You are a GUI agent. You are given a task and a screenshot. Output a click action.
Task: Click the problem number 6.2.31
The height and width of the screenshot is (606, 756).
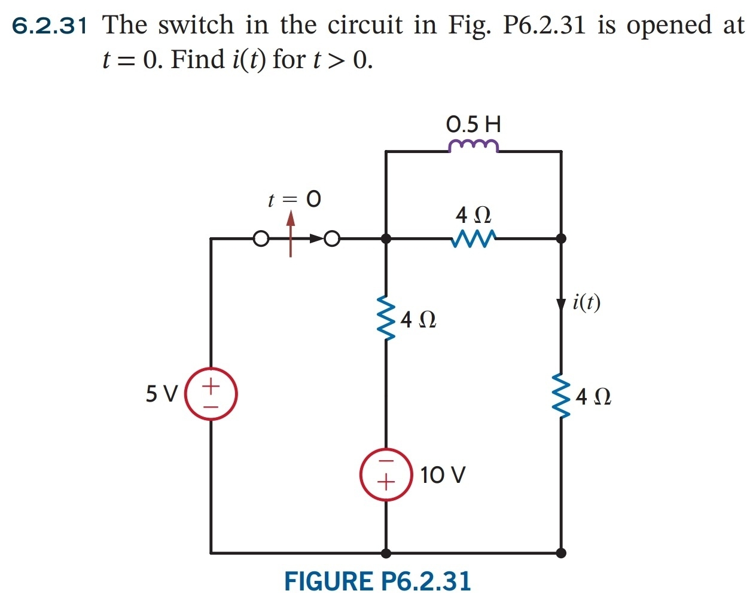pyautogui.click(x=50, y=26)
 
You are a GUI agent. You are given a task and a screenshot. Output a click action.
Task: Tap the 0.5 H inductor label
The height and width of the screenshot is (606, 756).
pyautogui.click(x=473, y=124)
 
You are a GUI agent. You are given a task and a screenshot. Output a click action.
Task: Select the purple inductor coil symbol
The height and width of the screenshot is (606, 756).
pyautogui.click(x=473, y=145)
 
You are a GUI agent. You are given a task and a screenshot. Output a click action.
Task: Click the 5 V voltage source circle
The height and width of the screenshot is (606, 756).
pyautogui.click(x=211, y=394)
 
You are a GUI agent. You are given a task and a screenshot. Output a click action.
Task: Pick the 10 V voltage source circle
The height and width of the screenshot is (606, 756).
pyautogui.click(x=386, y=473)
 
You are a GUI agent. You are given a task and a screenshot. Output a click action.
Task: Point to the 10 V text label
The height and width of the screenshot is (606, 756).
pyautogui.click(x=443, y=475)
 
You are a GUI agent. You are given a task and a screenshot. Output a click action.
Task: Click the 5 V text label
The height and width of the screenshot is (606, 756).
pyautogui.click(x=161, y=394)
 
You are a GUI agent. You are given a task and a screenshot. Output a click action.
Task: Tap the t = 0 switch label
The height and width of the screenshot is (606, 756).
pyautogui.click(x=294, y=199)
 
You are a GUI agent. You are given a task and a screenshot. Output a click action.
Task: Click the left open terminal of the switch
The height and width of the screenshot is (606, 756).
pyautogui.click(x=260, y=239)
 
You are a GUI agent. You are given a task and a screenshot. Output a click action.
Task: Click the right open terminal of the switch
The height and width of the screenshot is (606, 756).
pyautogui.click(x=333, y=239)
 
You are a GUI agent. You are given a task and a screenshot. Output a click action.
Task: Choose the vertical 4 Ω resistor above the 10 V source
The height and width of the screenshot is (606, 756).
pyautogui.click(x=387, y=318)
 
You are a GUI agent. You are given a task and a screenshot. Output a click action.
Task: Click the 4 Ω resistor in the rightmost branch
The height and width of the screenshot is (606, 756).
pyautogui.click(x=560, y=396)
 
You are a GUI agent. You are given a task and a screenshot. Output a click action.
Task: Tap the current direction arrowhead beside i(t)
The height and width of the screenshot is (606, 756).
pyautogui.click(x=560, y=304)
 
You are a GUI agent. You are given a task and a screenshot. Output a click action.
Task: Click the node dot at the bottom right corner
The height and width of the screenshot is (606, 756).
pyautogui.click(x=560, y=553)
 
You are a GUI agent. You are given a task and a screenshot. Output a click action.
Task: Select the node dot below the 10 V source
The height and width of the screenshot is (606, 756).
pyautogui.click(x=386, y=553)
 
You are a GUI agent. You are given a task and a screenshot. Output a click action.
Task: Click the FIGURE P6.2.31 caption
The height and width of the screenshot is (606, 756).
pyautogui.click(x=377, y=581)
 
